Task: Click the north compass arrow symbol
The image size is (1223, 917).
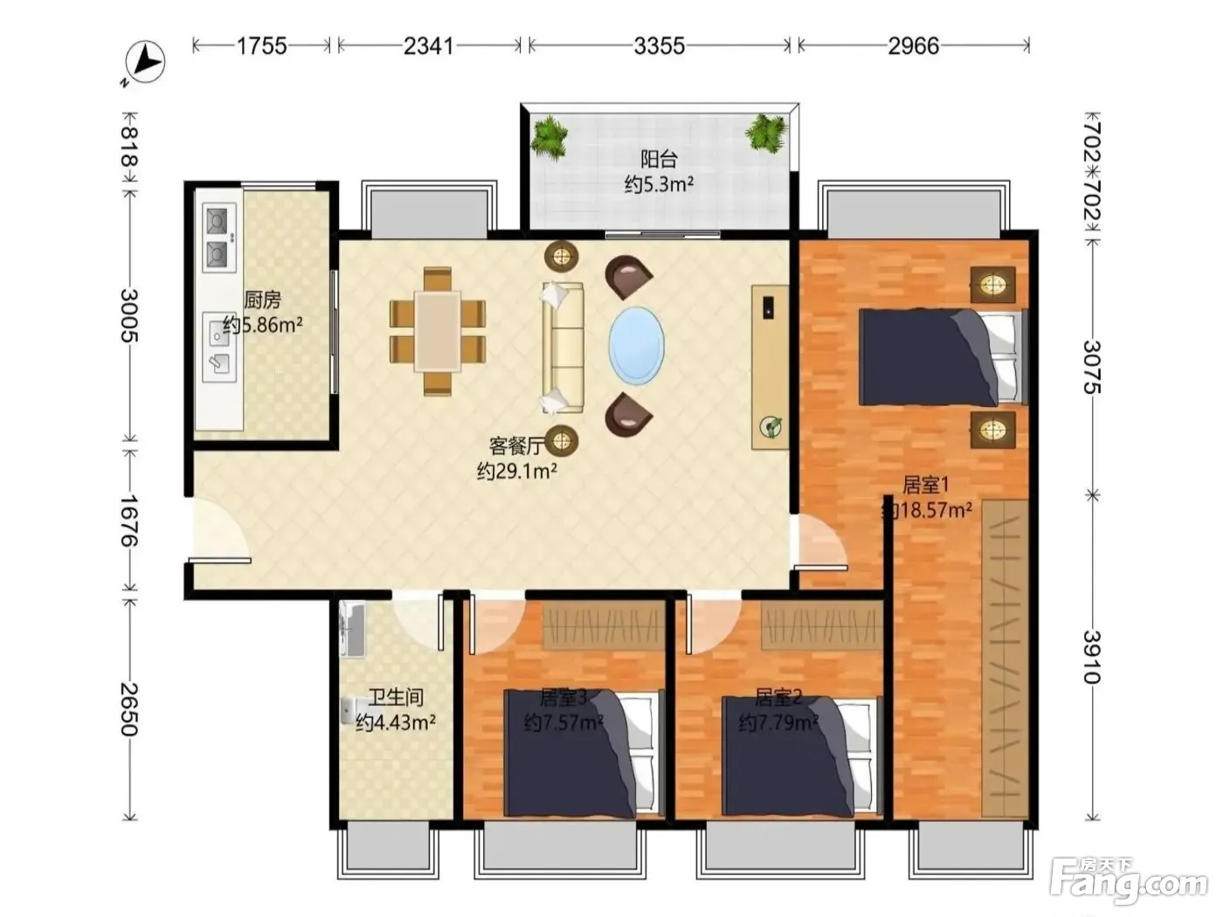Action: pos(145,62)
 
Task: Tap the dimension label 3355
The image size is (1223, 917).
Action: pos(659,45)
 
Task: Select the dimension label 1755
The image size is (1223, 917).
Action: pos(262,45)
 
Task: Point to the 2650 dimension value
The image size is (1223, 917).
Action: pos(130,709)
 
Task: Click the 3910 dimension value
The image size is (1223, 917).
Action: pos(1093,657)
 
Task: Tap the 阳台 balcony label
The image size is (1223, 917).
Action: pos(659,159)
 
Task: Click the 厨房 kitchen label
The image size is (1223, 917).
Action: pos(262,300)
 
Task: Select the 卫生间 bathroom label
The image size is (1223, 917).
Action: pos(396,697)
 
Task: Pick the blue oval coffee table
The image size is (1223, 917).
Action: pos(636,345)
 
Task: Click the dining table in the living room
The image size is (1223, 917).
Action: pos(438,331)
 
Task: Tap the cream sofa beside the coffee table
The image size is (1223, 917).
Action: pos(563,348)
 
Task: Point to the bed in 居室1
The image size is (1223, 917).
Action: pos(943,357)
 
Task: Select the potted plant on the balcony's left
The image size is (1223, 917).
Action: pos(549,136)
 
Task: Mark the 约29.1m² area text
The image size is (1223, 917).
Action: pos(517,472)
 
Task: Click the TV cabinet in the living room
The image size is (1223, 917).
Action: pos(770,367)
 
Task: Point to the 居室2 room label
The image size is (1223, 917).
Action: pos(778,697)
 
